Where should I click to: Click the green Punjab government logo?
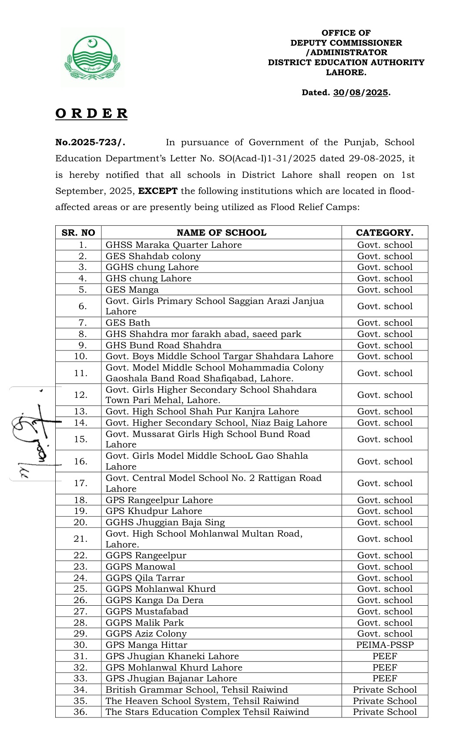[92, 58]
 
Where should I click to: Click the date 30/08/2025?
[361, 93]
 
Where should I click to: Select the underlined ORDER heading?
[91, 113]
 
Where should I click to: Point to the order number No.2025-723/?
[90, 143]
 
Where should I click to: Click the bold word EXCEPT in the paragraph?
[158, 191]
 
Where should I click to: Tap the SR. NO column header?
[78, 233]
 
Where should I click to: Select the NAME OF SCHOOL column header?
[221, 233]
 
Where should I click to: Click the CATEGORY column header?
[385, 233]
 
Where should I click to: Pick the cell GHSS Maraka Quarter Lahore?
[174, 245]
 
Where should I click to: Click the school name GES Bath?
[128, 323]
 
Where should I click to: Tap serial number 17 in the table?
[81, 483]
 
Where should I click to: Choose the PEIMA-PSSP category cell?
[385, 645]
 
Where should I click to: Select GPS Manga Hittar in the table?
[146, 645]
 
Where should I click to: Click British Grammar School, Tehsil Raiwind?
[197, 690]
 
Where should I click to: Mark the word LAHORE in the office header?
[346, 73]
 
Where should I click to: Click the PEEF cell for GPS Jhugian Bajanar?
[385, 678]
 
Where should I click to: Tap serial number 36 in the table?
[81, 712]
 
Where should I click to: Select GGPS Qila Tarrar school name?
[145, 578]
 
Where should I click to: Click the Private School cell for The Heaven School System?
[385, 701]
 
